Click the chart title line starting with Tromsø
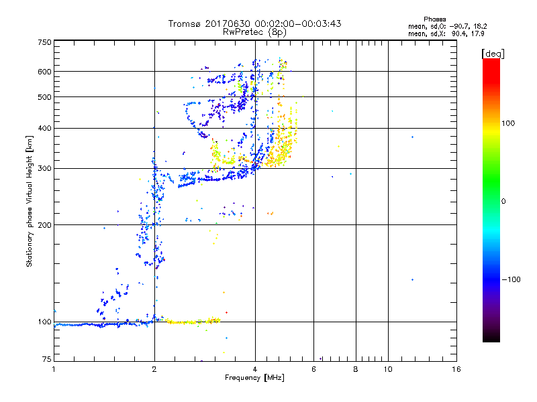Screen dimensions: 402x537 point(254,23)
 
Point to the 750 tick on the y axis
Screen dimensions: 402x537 point(45,42)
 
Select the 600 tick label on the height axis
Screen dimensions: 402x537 point(45,72)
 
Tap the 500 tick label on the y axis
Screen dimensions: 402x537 point(45,97)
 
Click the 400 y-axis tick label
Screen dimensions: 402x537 point(45,129)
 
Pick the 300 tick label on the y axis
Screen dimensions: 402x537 point(45,169)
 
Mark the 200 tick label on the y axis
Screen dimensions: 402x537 point(45,225)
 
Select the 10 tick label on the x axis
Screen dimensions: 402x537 point(387,369)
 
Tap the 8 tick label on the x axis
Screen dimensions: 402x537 point(356,369)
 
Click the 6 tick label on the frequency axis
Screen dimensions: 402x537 point(313,369)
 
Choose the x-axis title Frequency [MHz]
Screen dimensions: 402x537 point(254,379)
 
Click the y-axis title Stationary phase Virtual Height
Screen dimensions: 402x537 point(30,201)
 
